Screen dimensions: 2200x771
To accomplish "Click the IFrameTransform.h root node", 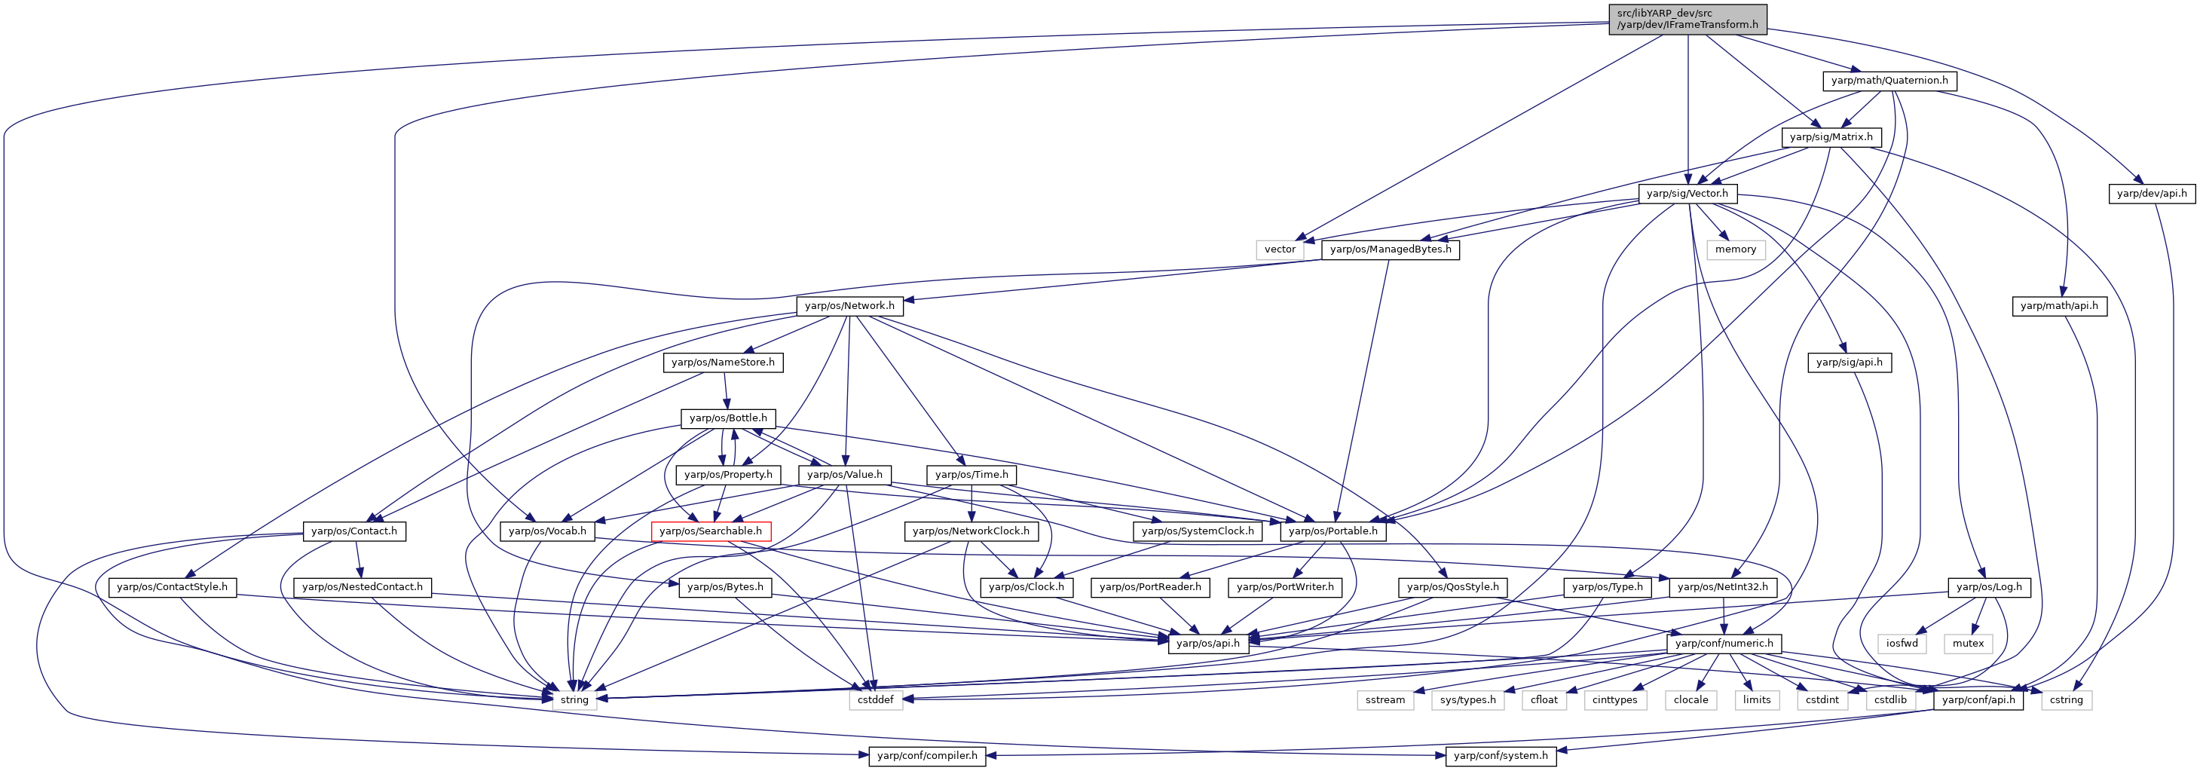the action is click(x=1687, y=19).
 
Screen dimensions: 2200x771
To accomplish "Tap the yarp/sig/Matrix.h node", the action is click(x=1831, y=136).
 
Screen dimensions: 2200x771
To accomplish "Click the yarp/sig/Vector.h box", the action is click(x=1687, y=193).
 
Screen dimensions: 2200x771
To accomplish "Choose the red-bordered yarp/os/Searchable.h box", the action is click(x=711, y=531).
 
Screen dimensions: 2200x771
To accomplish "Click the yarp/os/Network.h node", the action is click(x=849, y=306).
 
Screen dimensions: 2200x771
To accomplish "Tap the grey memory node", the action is click(x=1736, y=249).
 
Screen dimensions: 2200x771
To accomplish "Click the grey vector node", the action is click(x=1281, y=249).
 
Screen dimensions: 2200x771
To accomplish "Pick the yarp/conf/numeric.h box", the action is click(x=1724, y=643).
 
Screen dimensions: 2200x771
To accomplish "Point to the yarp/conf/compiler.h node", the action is click(x=928, y=756).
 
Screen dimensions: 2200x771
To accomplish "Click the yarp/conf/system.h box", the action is click(x=1501, y=756).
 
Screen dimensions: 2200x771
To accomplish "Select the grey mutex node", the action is click(x=1968, y=643).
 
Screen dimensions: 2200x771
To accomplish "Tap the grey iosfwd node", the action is click(x=1902, y=643).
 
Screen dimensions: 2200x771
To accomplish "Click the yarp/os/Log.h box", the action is click(x=1989, y=586).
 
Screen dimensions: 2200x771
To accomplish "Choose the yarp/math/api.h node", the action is click(x=2059, y=306).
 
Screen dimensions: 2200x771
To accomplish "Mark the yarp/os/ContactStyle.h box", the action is click(x=172, y=586).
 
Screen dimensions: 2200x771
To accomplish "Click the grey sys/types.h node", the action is click(x=1468, y=699).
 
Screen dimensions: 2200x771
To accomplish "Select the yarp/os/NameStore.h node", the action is click(x=724, y=362).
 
